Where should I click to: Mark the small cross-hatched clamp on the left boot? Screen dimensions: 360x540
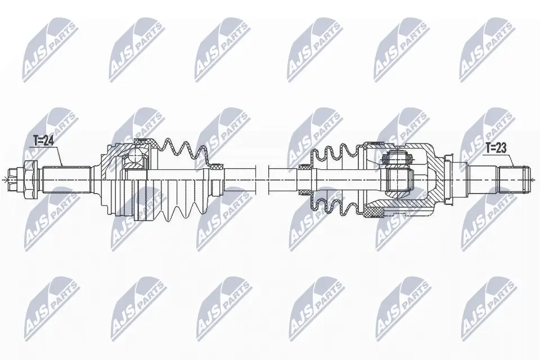click(x=215, y=167)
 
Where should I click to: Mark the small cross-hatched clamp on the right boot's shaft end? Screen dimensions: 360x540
click(x=304, y=166)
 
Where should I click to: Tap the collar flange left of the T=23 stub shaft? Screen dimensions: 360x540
click(x=450, y=179)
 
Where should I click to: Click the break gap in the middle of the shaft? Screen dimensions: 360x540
click(x=262, y=179)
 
